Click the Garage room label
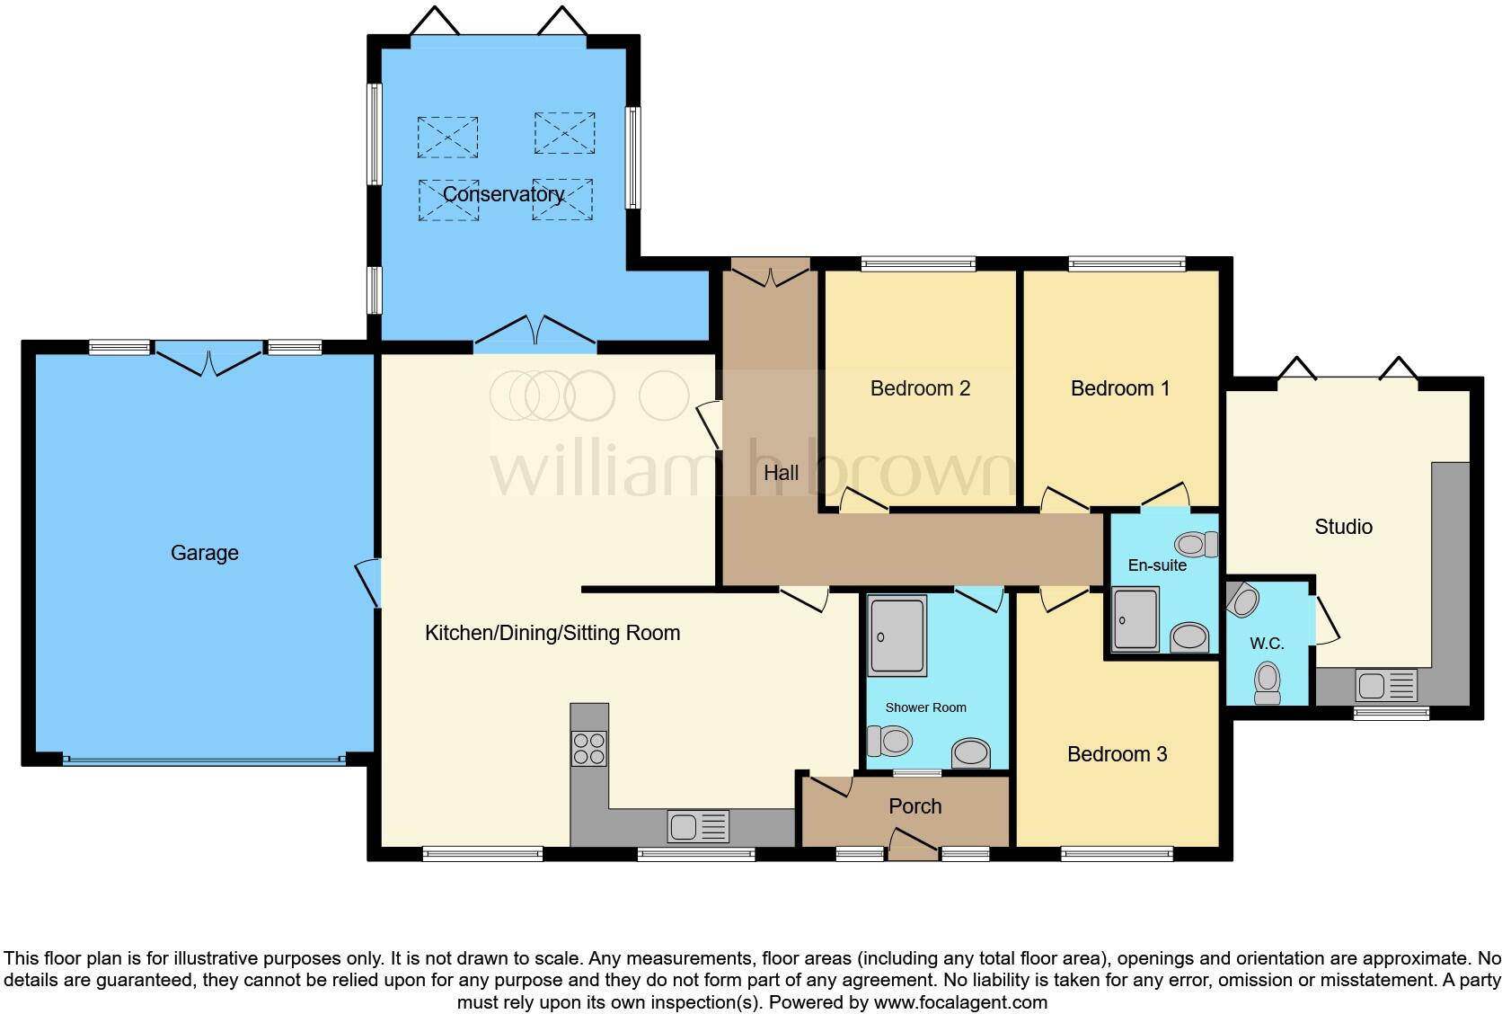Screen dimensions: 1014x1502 click(205, 553)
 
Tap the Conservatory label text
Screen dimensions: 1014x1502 click(503, 194)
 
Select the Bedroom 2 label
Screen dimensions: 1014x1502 click(920, 388)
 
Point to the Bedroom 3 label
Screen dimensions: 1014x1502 click(1117, 754)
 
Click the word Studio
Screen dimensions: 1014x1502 click(1343, 527)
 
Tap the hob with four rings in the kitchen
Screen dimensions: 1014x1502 click(589, 749)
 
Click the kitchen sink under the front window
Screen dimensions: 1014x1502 click(698, 826)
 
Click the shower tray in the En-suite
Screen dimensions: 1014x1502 click(1135, 618)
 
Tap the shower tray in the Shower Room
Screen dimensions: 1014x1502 click(897, 636)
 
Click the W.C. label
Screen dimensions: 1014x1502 click(1267, 644)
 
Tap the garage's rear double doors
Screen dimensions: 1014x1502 click(208, 360)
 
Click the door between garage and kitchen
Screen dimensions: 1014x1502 click(368, 582)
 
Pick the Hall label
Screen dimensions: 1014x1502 click(781, 472)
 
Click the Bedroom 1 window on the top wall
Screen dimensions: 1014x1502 click(1126, 263)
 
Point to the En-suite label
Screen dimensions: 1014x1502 click(1157, 565)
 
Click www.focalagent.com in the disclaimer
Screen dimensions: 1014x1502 click(960, 1001)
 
